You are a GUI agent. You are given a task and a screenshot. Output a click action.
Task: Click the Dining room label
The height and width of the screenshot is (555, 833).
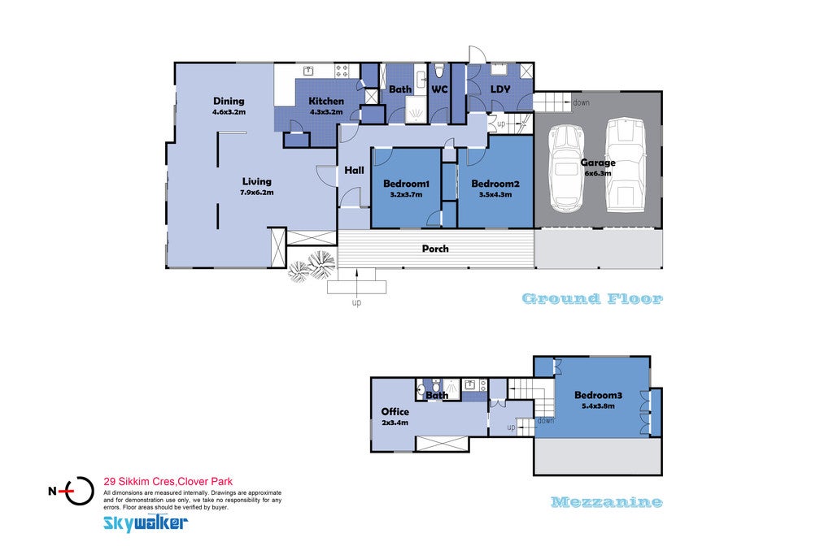pyautogui.click(x=229, y=101)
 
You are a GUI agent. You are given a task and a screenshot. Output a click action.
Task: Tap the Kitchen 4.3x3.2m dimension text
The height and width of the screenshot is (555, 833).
pyautogui.click(x=326, y=112)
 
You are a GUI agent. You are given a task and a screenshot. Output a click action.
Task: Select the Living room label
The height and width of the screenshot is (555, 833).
pyautogui.click(x=256, y=181)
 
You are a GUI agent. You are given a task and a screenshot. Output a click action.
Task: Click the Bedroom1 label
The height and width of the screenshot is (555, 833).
pyautogui.click(x=406, y=184)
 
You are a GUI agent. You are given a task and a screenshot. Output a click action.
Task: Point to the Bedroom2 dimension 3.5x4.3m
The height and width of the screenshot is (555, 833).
pyautogui.click(x=495, y=194)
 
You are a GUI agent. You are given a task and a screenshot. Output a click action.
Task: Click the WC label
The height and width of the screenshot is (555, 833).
pyautogui.click(x=439, y=89)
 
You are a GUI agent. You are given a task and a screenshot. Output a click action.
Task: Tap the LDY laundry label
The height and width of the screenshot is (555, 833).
pyautogui.click(x=500, y=89)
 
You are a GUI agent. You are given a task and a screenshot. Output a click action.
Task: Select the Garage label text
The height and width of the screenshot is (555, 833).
pyautogui.click(x=598, y=163)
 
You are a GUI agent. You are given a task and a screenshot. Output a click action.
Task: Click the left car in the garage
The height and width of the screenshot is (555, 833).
pyautogui.click(x=566, y=168)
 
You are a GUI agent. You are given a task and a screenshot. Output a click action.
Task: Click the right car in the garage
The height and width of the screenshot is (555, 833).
pyautogui.click(x=626, y=165)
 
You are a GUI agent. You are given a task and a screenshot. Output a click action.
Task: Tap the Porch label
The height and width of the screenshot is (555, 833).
pyautogui.click(x=435, y=249)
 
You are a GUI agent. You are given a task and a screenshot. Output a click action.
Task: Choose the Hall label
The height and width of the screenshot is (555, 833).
pyautogui.click(x=354, y=170)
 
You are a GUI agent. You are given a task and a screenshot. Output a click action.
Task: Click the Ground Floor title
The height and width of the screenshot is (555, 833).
pyautogui.click(x=592, y=299)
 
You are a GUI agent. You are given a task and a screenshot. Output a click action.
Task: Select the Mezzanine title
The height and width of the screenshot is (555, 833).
pyautogui.click(x=607, y=501)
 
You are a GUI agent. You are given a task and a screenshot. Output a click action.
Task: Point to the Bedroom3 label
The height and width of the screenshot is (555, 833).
pyautogui.click(x=598, y=395)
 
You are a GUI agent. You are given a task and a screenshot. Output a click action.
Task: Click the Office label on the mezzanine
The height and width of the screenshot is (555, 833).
pyautogui.click(x=395, y=411)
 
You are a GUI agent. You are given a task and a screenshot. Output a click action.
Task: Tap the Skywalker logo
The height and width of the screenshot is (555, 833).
pyautogui.click(x=145, y=522)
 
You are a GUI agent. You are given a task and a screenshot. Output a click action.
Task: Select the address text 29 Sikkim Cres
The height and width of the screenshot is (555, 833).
pyautogui.click(x=139, y=482)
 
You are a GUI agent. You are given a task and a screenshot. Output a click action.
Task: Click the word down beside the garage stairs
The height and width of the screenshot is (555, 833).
pyautogui.click(x=581, y=102)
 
